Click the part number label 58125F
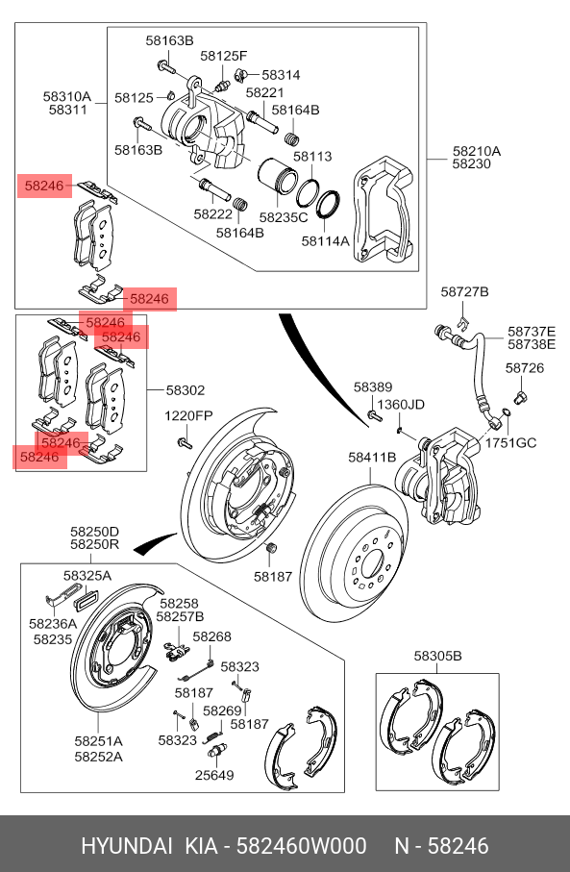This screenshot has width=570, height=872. pyautogui.click(x=224, y=56)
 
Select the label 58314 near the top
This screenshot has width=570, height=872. pyautogui.click(x=281, y=75)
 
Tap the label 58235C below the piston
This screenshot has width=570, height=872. pyautogui.click(x=284, y=217)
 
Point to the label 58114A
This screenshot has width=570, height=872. pyautogui.click(x=325, y=240)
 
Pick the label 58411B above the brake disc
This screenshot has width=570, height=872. pyautogui.click(x=372, y=457)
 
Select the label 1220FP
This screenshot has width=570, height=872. pyautogui.click(x=188, y=416)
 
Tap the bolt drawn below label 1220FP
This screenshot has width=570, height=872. pyautogui.click(x=185, y=443)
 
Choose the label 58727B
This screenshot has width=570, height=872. pyautogui.click(x=465, y=291)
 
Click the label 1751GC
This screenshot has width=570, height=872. pyautogui.click(x=510, y=442)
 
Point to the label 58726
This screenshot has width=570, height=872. pyautogui.click(x=525, y=368)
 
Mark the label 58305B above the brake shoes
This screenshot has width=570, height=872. pyautogui.click(x=437, y=657)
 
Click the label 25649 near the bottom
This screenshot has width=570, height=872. pyautogui.click(x=214, y=775)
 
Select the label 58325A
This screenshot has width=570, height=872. pyautogui.click(x=87, y=576)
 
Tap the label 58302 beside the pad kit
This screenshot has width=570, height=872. pyautogui.click(x=186, y=390)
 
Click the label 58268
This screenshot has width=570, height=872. pyautogui.click(x=211, y=636)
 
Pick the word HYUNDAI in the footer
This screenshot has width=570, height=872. pyautogui.click(x=127, y=846)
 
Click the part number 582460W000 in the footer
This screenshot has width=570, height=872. pyautogui.click(x=302, y=846)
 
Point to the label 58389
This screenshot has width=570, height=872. pyautogui.click(x=373, y=387)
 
